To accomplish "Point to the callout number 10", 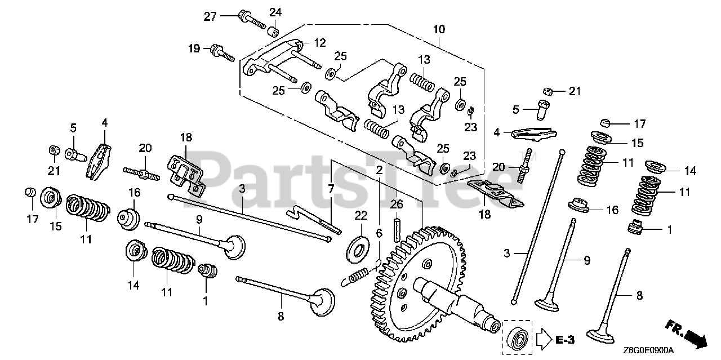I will coord(439,29).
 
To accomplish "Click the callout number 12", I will coord(320,42).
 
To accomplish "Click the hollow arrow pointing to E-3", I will coord(542,339).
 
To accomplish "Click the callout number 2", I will coord(380,170).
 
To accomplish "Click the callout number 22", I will coord(360,215).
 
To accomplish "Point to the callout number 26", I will coord(397,204).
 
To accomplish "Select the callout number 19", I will coord(194,49).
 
